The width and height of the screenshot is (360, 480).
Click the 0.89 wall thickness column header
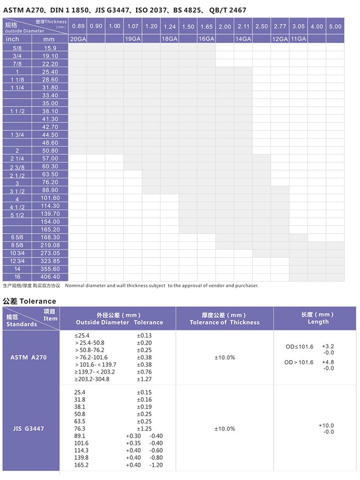(x=77, y=26)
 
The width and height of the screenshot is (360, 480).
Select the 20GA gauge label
(x=77, y=39)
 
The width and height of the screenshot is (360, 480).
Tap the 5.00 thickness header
(x=336, y=26)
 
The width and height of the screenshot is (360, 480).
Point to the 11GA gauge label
(x=298, y=39)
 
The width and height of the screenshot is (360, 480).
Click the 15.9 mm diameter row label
(x=50, y=48)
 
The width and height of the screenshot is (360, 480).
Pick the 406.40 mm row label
(x=50, y=277)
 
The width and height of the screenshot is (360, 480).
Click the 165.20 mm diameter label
(x=50, y=229)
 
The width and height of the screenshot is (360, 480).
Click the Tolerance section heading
(x=30, y=301)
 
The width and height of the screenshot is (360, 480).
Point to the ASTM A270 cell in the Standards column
(x=30, y=357)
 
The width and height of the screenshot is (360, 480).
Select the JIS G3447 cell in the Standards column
(x=30, y=428)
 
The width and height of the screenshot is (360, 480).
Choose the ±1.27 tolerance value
(x=144, y=379)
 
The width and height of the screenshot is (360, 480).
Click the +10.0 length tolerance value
(x=326, y=425)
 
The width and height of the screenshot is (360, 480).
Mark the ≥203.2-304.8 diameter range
(x=92, y=379)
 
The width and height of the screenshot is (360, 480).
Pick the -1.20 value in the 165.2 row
(x=156, y=465)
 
